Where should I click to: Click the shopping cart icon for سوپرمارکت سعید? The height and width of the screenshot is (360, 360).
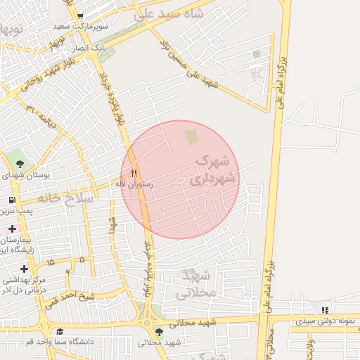(x=81, y=16)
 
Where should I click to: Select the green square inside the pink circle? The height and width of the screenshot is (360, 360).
(x=191, y=134)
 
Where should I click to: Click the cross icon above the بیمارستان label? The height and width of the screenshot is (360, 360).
(x=12, y=229)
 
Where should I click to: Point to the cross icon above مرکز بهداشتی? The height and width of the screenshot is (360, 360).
(x=25, y=269)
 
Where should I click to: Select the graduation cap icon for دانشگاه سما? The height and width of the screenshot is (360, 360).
(x=60, y=331)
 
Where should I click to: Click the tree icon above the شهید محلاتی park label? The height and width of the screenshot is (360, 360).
(x=160, y=331)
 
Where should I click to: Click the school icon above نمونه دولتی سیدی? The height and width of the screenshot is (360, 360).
(x=323, y=309)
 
